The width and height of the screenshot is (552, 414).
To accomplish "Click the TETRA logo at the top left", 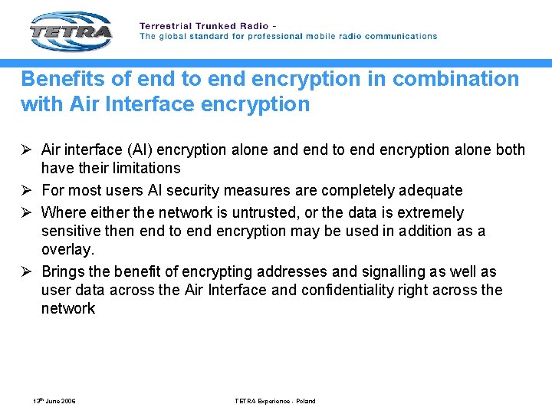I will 71,31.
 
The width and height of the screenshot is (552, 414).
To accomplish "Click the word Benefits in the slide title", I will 56,79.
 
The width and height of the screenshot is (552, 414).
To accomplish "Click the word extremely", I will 426,212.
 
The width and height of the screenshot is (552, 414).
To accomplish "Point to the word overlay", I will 68,249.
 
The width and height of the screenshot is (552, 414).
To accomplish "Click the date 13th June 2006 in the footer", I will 54,401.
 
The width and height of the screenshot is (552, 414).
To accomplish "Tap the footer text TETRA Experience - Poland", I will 275,401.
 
